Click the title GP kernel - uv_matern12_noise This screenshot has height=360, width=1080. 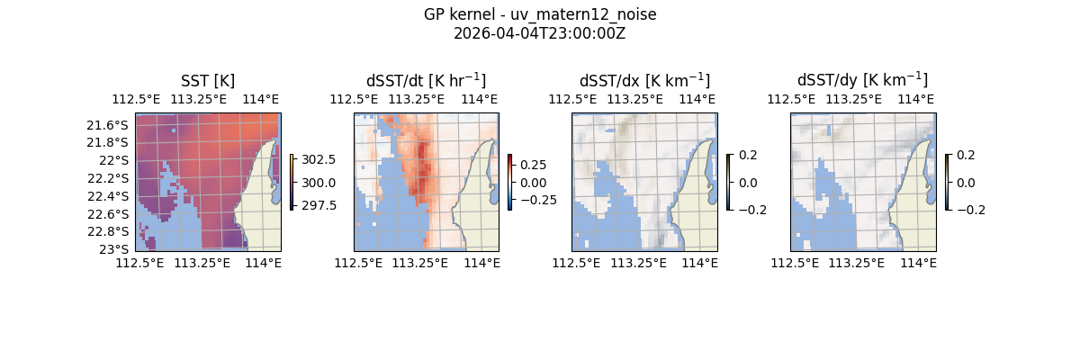[539, 14]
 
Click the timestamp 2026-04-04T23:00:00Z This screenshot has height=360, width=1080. [539, 33]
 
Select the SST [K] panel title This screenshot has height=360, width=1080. [208, 80]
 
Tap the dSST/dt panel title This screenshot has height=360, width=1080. [426, 80]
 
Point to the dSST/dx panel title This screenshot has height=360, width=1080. [644, 80]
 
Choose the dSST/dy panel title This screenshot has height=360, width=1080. [862, 80]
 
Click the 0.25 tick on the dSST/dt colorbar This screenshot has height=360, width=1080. [534, 165]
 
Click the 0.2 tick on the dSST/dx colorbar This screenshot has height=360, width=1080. [748, 155]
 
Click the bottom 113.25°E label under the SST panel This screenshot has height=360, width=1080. [202, 263]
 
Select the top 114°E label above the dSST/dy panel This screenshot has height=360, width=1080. [917, 99]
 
